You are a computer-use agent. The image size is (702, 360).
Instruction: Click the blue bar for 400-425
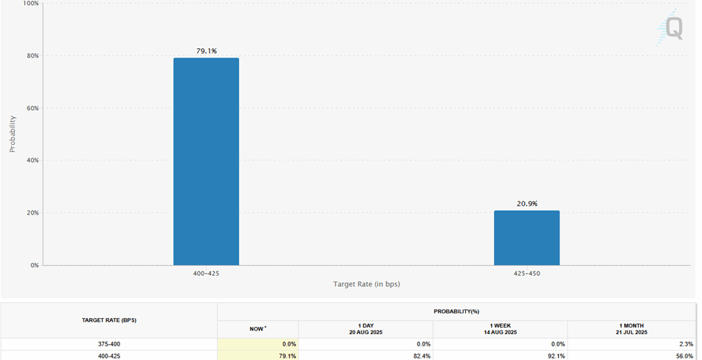(x=206, y=161)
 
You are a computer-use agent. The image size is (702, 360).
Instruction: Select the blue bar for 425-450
(x=526, y=238)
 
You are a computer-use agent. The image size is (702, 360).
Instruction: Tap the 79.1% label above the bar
(x=207, y=51)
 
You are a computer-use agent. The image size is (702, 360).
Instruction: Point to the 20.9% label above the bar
(x=527, y=204)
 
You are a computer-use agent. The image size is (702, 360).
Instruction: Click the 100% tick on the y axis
(x=31, y=4)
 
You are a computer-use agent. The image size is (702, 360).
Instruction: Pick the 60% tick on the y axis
(x=32, y=108)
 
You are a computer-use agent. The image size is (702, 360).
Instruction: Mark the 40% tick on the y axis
(x=32, y=161)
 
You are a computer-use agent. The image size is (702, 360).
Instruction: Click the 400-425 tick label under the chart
(x=206, y=274)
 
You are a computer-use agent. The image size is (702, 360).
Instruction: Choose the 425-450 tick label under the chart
(x=526, y=274)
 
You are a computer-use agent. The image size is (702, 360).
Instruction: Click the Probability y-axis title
(x=12, y=134)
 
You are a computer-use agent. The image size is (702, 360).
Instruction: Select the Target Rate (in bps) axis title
(x=366, y=284)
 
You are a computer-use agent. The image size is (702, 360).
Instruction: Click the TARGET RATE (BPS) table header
(x=109, y=319)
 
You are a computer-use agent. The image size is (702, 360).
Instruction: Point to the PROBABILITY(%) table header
(x=456, y=312)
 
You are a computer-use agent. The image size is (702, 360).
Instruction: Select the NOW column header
(x=258, y=328)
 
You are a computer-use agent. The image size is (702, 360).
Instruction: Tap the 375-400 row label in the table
(x=109, y=344)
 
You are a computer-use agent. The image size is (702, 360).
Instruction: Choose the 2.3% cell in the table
(x=683, y=344)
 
